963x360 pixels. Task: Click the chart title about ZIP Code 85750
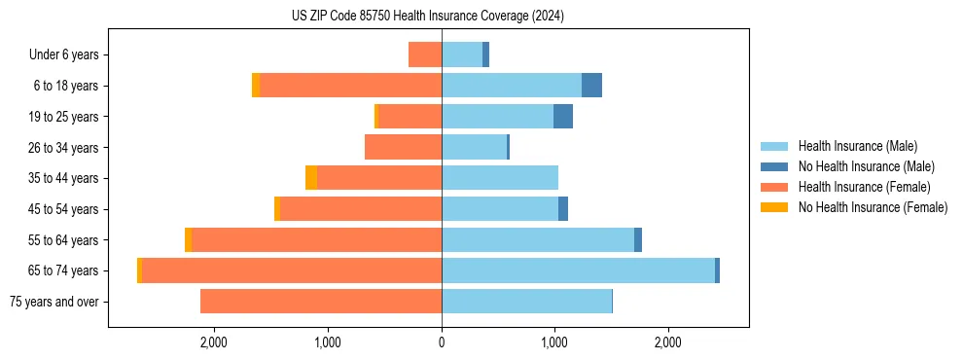tap(427, 17)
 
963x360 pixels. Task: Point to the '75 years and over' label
tap(53, 302)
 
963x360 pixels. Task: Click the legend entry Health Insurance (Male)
tap(857, 146)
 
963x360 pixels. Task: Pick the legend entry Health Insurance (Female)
tap(863, 187)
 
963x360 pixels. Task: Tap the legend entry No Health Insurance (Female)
tap(872, 207)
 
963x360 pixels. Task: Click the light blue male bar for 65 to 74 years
tap(578, 270)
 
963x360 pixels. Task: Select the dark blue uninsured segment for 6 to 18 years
tap(591, 86)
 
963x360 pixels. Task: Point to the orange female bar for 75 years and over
tap(321, 302)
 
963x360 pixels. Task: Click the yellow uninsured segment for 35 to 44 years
tap(311, 178)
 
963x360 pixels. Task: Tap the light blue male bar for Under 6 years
tap(462, 54)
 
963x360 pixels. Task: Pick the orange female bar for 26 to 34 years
tap(403, 147)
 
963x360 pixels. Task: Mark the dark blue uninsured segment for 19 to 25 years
tap(563, 117)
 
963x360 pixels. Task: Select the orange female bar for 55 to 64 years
tap(316, 239)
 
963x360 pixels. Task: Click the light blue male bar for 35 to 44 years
tap(500, 178)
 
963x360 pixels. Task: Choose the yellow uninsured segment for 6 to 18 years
tap(256, 86)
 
